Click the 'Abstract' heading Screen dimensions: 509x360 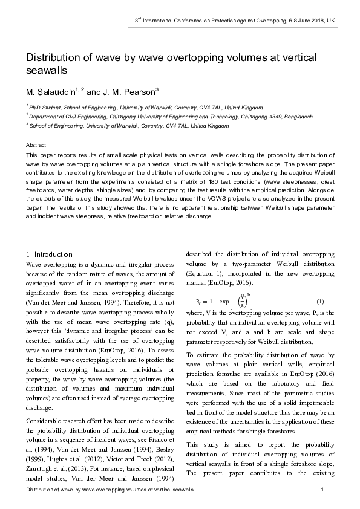tap(36, 146)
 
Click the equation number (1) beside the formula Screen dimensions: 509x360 tap(320, 302)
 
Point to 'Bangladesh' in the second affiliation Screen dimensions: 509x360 tap(297, 115)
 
